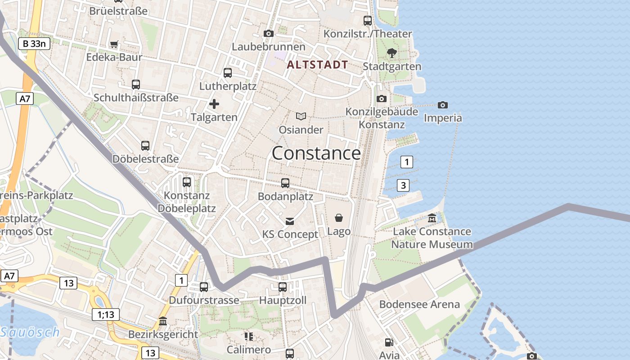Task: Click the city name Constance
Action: [x=316, y=153]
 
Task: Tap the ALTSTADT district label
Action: [x=317, y=65]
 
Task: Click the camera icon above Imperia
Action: [x=443, y=105]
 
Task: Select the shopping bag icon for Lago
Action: [x=339, y=218]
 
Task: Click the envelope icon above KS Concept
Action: [x=290, y=221]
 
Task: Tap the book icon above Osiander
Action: [x=301, y=117]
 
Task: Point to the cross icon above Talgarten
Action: [x=214, y=104]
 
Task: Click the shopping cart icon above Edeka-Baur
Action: [x=114, y=44]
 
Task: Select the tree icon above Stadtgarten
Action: [x=392, y=53]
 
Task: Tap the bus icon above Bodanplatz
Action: [x=285, y=183]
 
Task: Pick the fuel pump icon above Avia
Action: [x=389, y=342]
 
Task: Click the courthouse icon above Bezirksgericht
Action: [x=163, y=321]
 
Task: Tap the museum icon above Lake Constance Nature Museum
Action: [x=432, y=218]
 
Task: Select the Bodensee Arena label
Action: [x=419, y=304]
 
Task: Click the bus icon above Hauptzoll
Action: [x=283, y=287]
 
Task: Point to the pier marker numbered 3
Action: [x=403, y=185]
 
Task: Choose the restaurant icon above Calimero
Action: [x=248, y=336]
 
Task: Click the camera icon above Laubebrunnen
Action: [x=269, y=33]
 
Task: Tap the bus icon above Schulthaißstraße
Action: [x=136, y=84]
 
